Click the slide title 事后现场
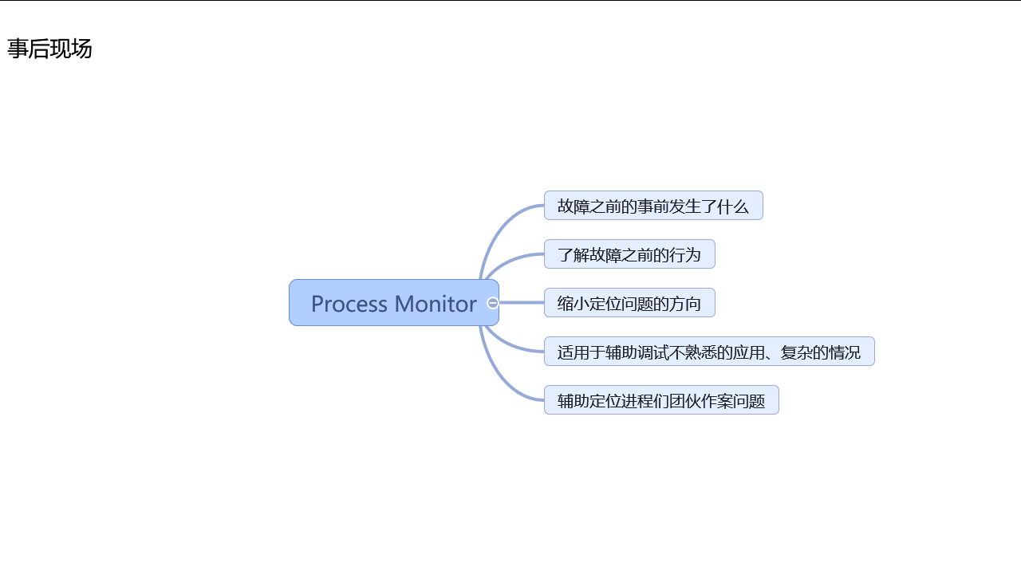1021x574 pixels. click(49, 49)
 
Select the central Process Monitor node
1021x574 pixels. click(393, 303)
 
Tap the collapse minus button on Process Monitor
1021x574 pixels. click(493, 303)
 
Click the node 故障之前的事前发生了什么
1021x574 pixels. click(653, 206)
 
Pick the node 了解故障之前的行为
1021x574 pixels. click(629, 255)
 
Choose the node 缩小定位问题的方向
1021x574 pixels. click(629, 304)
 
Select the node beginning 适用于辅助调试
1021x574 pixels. click(709, 352)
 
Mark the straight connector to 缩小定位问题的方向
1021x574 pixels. click(522, 303)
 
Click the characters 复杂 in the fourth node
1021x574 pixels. click(797, 352)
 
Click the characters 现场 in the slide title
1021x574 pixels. click(71, 49)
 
